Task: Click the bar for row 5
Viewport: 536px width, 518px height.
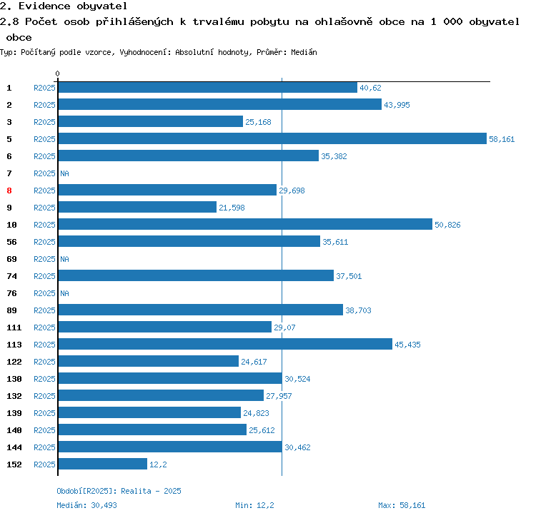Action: (x=272, y=139)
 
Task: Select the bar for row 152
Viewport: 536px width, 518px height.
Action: (x=102, y=464)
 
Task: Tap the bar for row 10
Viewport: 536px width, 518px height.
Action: (x=245, y=225)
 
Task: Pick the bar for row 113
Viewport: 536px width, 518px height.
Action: (x=225, y=345)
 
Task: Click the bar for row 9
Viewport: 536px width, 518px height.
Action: (x=137, y=208)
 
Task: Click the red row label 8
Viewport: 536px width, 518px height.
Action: (x=9, y=191)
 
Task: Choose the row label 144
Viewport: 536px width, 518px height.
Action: (x=14, y=447)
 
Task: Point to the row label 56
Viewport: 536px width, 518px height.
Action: (x=12, y=242)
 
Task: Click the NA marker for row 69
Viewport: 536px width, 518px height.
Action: (x=64, y=259)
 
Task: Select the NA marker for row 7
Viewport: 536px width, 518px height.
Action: (x=64, y=173)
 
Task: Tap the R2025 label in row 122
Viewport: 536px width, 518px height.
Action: (x=44, y=362)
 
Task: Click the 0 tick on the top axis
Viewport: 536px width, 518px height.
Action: (x=58, y=73)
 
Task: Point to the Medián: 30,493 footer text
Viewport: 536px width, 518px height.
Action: (x=87, y=505)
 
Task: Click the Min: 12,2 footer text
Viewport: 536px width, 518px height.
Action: (x=254, y=505)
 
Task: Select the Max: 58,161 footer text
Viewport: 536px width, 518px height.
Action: (x=402, y=505)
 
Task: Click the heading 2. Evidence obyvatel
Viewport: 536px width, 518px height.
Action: (x=64, y=6)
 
